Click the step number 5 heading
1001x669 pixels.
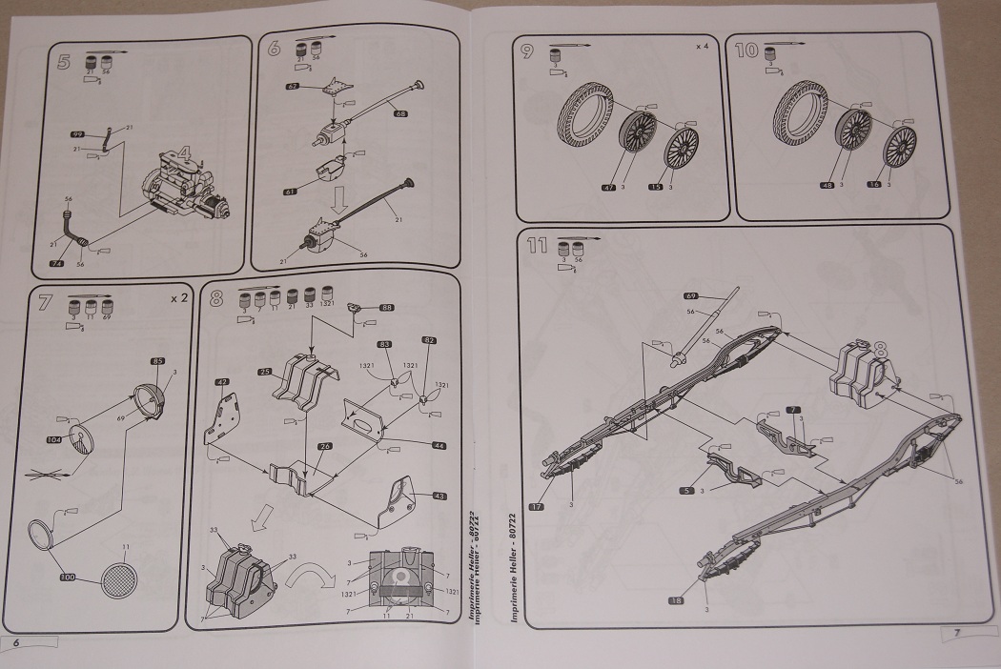point(63,64)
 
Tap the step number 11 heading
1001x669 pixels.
point(536,248)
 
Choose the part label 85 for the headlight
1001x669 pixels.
point(158,362)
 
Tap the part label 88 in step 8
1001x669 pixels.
point(387,307)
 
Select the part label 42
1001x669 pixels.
point(222,382)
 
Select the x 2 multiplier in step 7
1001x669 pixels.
point(178,298)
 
